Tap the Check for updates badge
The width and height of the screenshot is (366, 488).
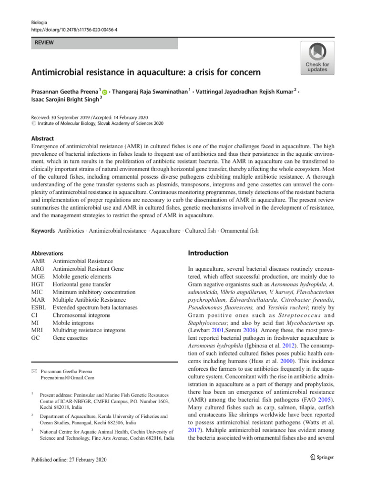[317, 58]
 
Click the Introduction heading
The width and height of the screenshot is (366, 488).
[209, 253]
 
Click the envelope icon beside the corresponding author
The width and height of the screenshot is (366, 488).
[34, 371]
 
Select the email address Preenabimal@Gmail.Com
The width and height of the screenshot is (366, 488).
[68, 378]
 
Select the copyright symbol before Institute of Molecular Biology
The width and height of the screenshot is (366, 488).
[33, 123]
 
